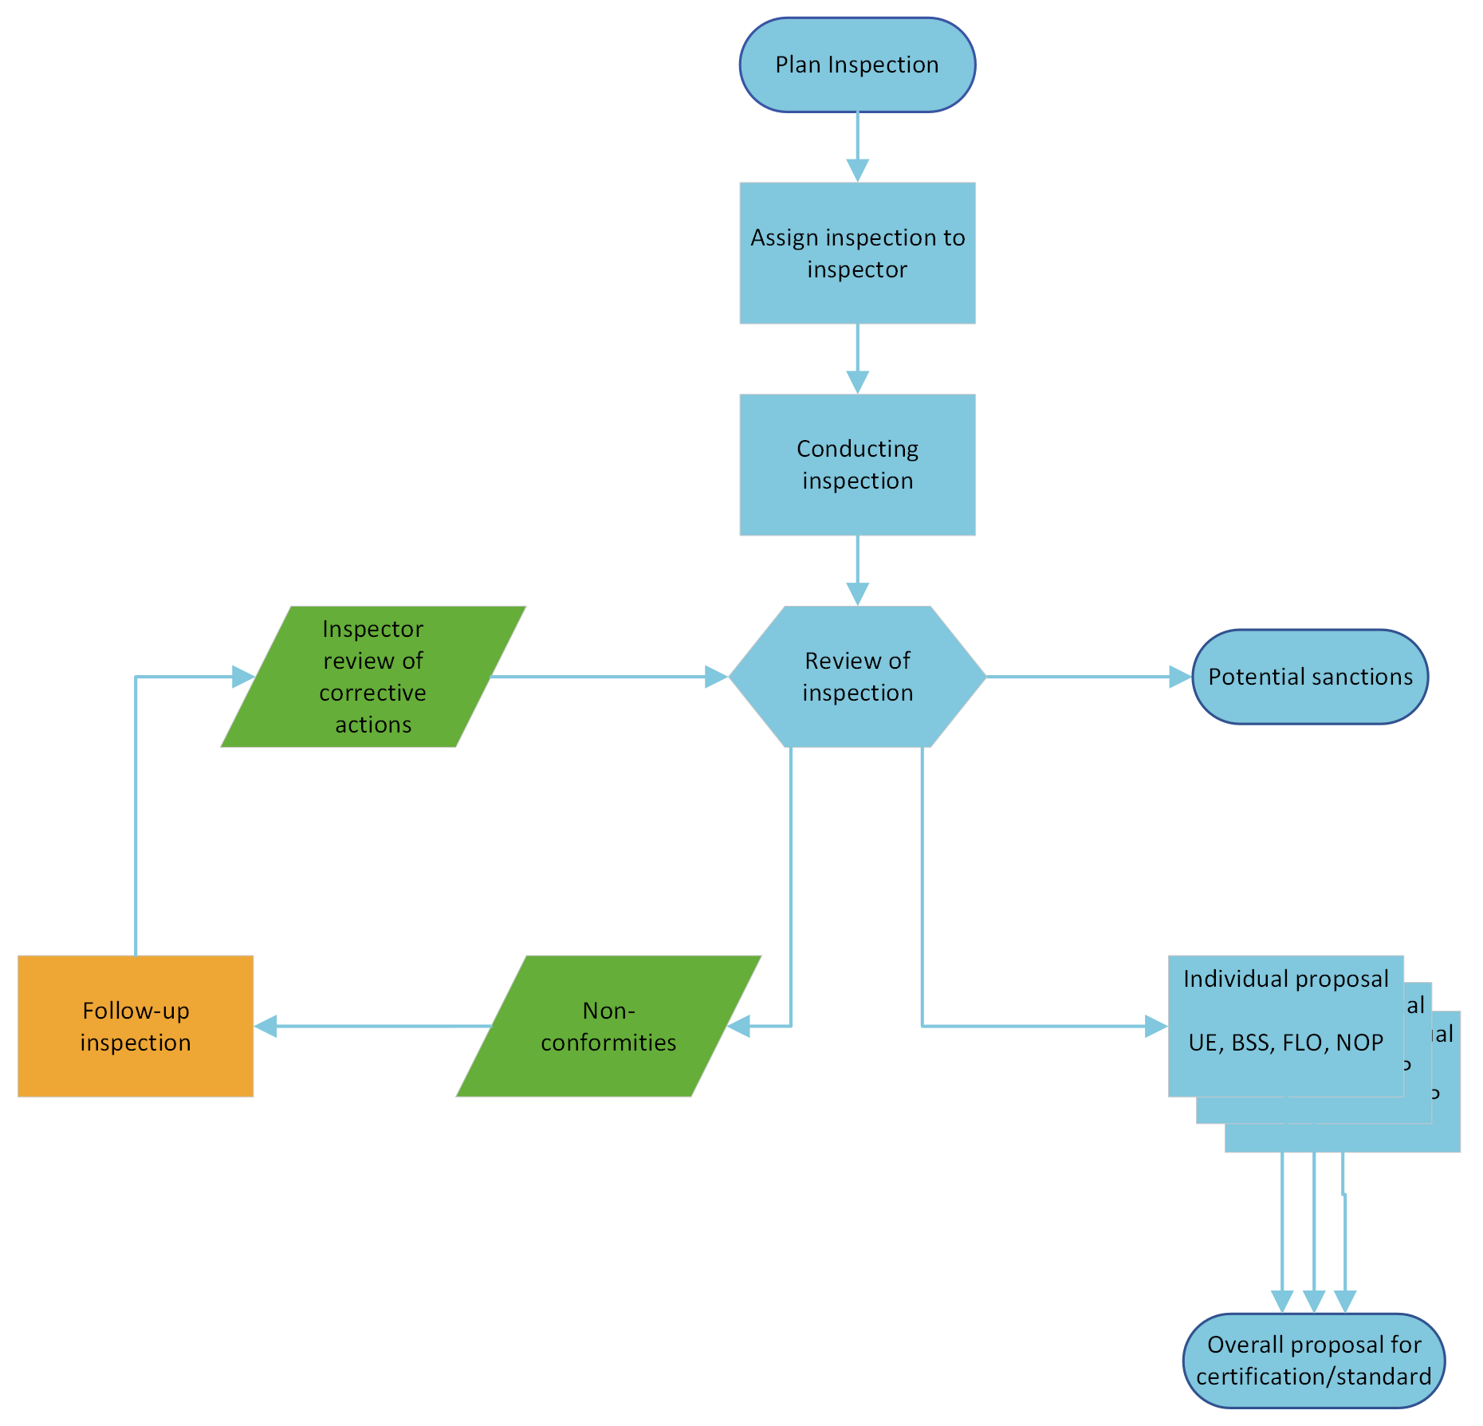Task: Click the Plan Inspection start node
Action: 857,65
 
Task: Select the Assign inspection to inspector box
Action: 857,253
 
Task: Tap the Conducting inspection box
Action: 857,465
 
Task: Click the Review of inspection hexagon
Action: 857,676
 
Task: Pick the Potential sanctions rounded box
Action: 1309,677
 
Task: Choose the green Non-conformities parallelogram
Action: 608,1026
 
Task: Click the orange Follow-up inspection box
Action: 136,1026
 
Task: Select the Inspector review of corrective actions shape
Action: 372,676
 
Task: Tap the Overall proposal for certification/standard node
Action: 1313,1361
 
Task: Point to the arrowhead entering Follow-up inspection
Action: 266,1026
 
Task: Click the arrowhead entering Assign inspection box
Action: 857,171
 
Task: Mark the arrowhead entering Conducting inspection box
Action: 857,382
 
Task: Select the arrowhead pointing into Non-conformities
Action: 740,1026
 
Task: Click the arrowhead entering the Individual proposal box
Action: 1156,1026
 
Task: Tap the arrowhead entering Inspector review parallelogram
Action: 243,677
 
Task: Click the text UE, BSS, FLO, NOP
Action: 1285,1043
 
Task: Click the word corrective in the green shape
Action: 372,693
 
